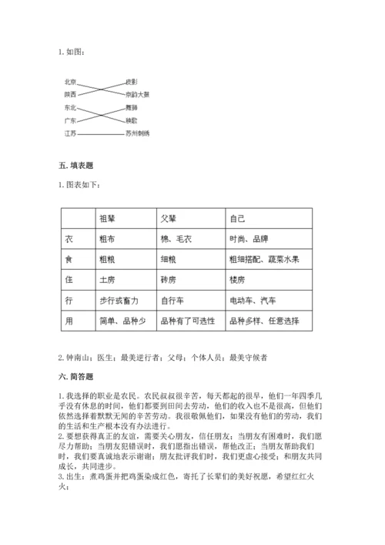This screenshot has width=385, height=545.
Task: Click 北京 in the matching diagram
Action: [x=70, y=82]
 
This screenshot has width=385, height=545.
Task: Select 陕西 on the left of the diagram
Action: [x=70, y=94]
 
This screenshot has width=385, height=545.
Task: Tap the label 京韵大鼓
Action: [x=137, y=94]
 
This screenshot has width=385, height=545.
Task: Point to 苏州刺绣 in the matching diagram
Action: [x=137, y=133]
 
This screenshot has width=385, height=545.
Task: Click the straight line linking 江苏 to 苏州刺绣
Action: [x=100, y=133]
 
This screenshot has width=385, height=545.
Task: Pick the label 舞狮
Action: [x=132, y=108]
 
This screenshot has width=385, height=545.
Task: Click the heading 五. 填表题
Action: [x=75, y=166]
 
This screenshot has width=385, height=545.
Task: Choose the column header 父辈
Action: [x=168, y=218]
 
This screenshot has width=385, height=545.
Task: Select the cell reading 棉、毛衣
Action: [x=176, y=239]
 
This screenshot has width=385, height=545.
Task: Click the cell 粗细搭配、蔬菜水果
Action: [x=265, y=259]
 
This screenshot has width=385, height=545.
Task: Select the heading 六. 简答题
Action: [x=75, y=377]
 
